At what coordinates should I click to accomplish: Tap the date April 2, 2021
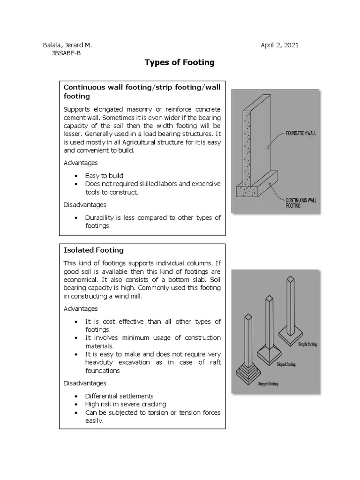[279, 45]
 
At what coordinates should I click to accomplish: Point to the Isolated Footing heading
[93, 250]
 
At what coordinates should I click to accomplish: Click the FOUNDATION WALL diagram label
[301, 133]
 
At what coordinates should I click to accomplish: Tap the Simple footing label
[307, 345]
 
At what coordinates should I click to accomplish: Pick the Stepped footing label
[268, 384]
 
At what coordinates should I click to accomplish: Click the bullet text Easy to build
[104, 176]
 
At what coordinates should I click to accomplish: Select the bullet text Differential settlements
[119, 396]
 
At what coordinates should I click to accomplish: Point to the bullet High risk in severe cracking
[125, 404]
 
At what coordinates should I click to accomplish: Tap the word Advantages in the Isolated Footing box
[81, 309]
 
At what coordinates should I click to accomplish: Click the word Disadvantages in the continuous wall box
[84, 204]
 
